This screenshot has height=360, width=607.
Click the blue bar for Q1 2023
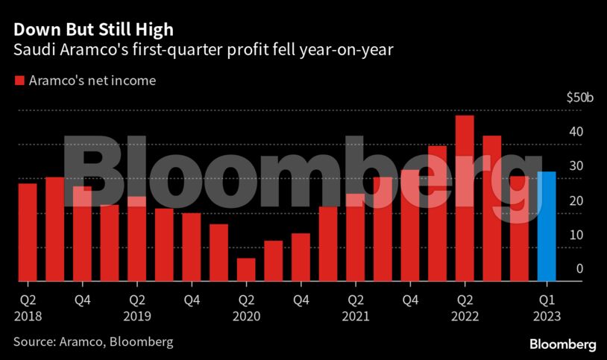(x=547, y=227)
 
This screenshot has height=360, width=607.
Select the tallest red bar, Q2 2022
(x=465, y=198)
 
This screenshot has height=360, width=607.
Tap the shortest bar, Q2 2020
(x=246, y=270)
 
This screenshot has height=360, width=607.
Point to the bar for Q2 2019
(x=136, y=239)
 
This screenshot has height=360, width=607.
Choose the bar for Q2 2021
(x=355, y=237)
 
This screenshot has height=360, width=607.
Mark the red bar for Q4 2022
(x=519, y=229)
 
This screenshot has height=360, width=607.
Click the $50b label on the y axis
(x=579, y=98)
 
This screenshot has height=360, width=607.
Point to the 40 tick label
(x=575, y=132)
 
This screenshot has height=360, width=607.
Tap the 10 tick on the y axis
(x=575, y=235)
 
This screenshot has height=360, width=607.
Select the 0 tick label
(x=578, y=269)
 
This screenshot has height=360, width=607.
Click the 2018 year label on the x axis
(x=28, y=315)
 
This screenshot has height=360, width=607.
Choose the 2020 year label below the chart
(x=246, y=315)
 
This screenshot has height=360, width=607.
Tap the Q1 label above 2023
(x=547, y=300)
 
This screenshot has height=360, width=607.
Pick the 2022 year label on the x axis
(x=465, y=315)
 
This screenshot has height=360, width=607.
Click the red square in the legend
(x=19, y=80)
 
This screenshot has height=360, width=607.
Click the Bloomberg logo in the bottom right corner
(x=562, y=344)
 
